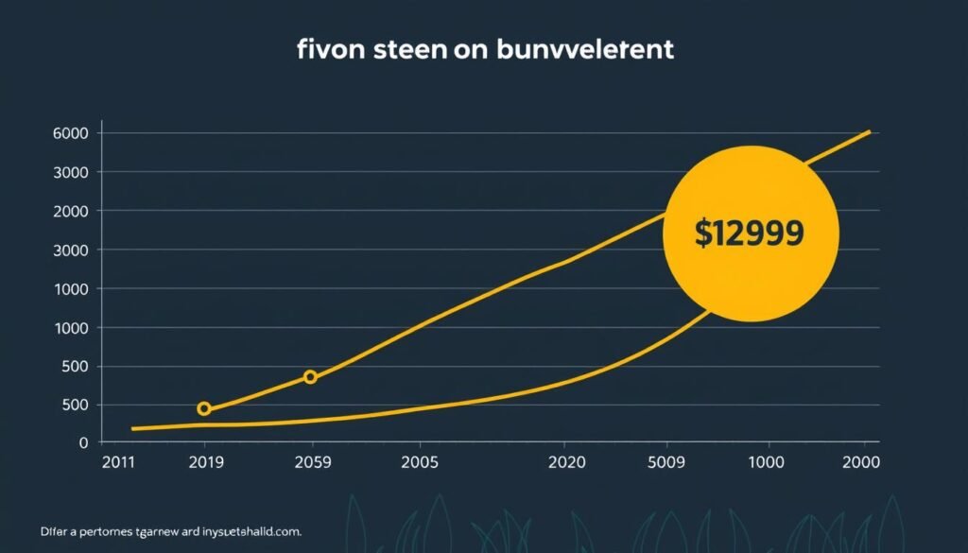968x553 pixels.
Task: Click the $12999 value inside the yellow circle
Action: point(750,233)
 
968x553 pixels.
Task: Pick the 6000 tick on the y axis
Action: point(72,133)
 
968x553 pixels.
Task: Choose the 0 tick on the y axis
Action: point(84,442)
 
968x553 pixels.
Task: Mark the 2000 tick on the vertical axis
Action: point(72,211)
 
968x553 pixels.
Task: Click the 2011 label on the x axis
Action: point(119,463)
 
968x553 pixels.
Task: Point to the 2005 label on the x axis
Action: point(420,463)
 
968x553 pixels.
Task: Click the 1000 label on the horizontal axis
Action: point(766,463)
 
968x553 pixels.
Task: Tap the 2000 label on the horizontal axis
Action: point(860,463)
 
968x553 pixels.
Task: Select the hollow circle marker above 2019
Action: point(203,409)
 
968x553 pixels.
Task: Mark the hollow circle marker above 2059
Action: point(310,377)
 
